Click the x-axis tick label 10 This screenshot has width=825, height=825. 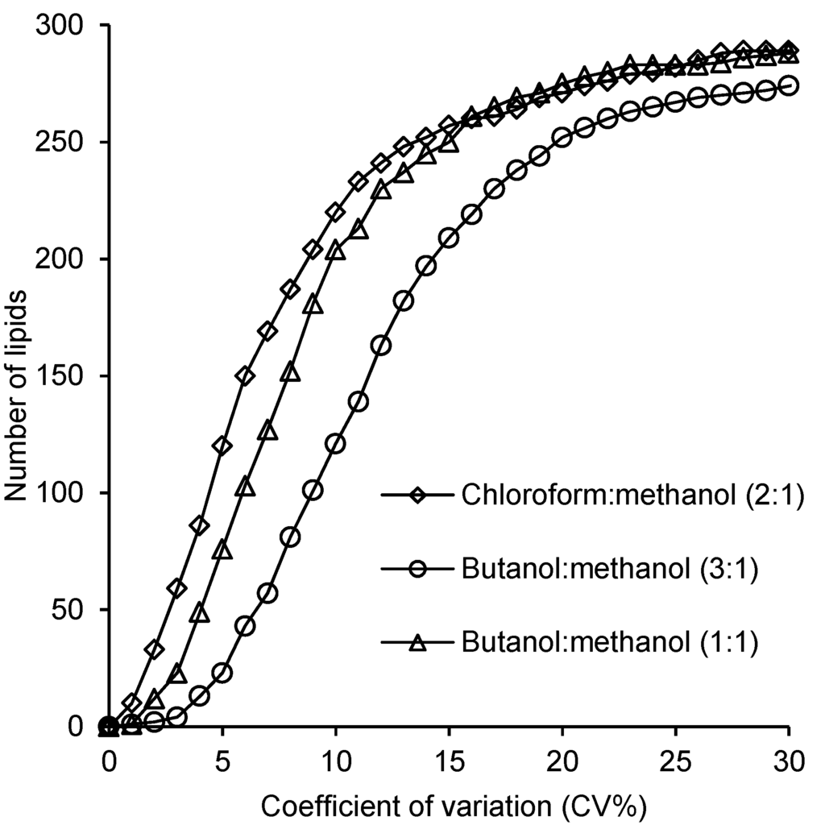tap(335, 761)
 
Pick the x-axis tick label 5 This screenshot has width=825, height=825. tap(222, 761)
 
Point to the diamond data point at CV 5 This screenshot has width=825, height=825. tap(222, 446)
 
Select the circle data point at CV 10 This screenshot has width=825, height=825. tap(336, 444)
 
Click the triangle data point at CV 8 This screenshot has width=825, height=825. tap(291, 372)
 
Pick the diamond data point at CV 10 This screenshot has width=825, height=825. tap(336, 212)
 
